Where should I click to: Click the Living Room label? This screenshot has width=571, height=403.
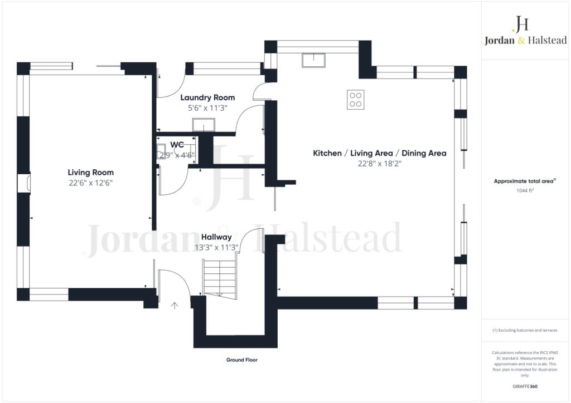click(x=91, y=173)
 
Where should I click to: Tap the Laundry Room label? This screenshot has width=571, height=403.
click(x=207, y=98)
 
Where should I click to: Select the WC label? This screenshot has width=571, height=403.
click(x=177, y=145)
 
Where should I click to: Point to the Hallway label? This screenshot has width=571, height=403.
click(x=216, y=237)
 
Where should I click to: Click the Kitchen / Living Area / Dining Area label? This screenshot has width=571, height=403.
click(x=379, y=153)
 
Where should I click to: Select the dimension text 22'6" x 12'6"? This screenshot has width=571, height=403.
click(x=91, y=183)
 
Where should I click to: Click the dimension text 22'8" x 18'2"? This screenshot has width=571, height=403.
click(x=379, y=164)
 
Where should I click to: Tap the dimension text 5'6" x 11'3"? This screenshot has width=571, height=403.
click(x=207, y=108)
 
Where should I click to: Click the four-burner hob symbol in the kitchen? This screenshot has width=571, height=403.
click(x=355, y=100)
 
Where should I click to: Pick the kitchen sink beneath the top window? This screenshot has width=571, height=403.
click(x=313, y=60)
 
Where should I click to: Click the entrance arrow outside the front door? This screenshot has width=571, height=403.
click(x=175, y=306)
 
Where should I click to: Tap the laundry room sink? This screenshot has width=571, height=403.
click(x=204, y=125)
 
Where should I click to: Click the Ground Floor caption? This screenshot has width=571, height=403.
click(x=242, y=360)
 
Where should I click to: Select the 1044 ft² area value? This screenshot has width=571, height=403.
click(x=525, y=190)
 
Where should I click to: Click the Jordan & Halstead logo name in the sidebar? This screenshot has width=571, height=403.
click(x=525, y=40)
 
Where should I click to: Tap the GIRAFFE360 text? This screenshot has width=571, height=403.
click(x=525, y=386)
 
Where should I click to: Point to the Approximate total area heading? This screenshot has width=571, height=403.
click(x=525, y=181)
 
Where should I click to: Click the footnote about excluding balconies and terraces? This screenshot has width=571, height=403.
click(x=525, y=330)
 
